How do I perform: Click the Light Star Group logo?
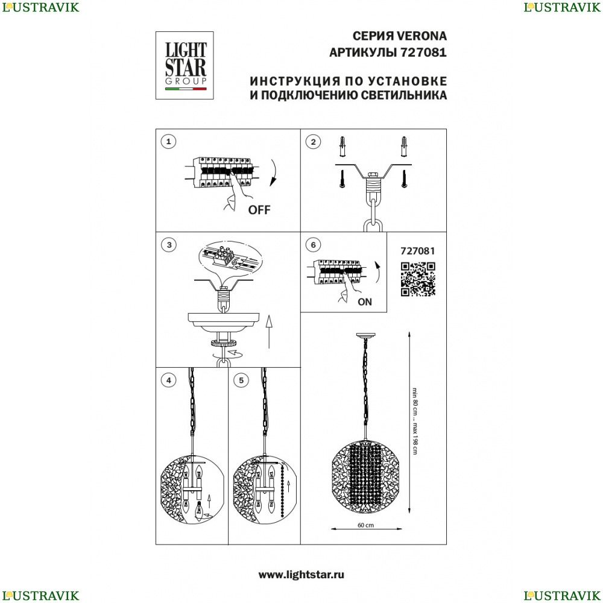[x=185, y=65]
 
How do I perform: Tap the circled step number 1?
[x=168, y=142]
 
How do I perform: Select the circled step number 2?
[x=313, y=142]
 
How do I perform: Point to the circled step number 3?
[x=169, y=245]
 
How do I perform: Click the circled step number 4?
[x=168, y=380]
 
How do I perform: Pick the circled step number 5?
[x=241, y=380]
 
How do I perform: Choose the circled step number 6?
[x=313, y=245]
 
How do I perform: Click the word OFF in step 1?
[x=259, y=210]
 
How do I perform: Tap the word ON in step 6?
[x=365, y=302]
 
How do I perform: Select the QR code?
[x=418, y=279]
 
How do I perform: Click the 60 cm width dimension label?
[x=366, y=525]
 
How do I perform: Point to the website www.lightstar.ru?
[x=301, y=575]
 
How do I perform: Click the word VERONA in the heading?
[x=421, y=36]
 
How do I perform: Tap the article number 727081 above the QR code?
[x=418, y=251]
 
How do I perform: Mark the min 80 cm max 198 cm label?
[x=415, y=421]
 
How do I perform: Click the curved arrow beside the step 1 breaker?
[x=273, y=172]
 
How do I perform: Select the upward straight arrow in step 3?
[x=269, y=332]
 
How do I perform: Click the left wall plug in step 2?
[x=343, y=147]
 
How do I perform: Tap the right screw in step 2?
[x=404, y=179]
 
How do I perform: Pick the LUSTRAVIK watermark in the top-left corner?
[x=40, y=7]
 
